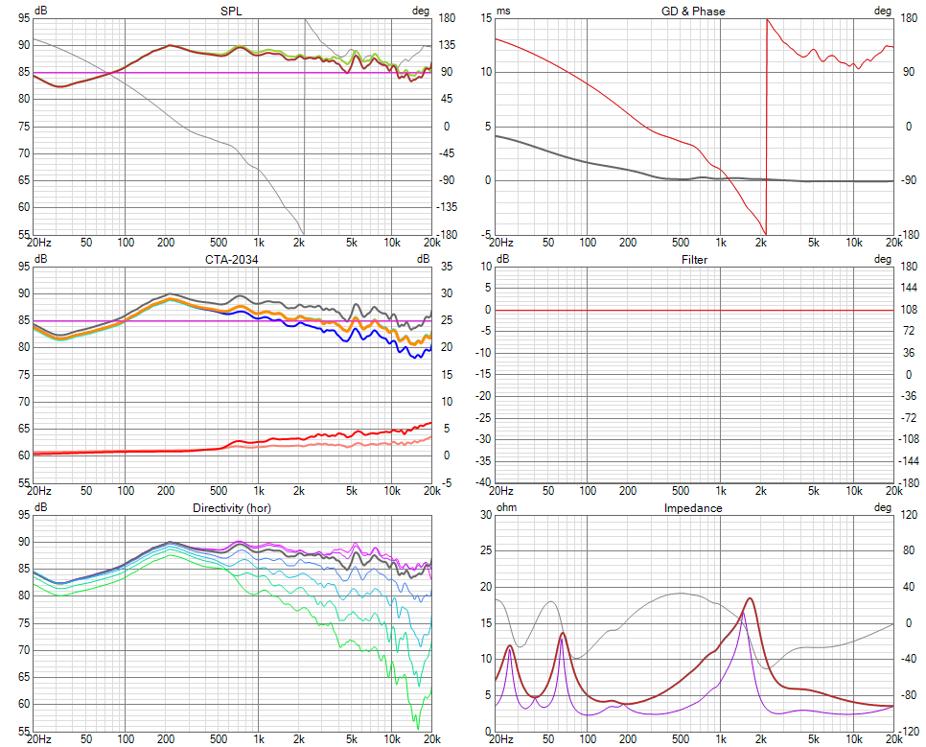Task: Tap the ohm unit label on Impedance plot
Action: pyautogui.click(x=506, y=507)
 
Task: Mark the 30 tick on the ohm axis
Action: pyautogui.click(x=486, y=515)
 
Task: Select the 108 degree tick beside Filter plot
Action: pyautogui.click(x=909, y=310)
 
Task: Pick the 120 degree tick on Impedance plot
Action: pyautogui.click(x=909, y=515)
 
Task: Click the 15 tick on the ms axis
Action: pyautogui.click(x=486, y=18)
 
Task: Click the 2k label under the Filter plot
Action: pyautogui.click(x=761, y=491)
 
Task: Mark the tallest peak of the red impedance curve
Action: pyautogui.click(x=750, y=598)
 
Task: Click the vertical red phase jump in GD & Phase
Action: pyautogui.click(x=767, y=125)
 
